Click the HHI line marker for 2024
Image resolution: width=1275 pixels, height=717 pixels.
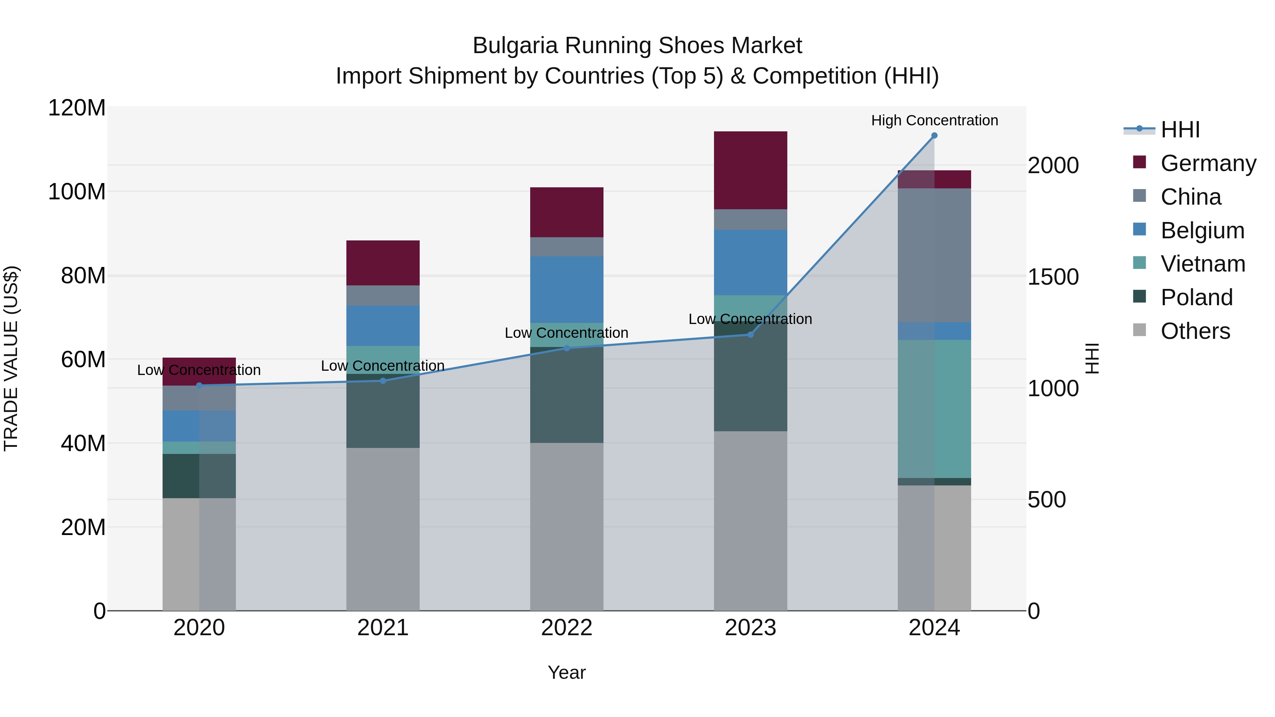[934, 136]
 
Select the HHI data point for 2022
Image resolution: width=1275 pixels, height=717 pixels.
[567, 348]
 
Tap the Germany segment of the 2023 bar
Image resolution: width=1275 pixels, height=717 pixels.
[750, 170]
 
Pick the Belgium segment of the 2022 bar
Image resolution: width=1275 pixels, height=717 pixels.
[567, 290]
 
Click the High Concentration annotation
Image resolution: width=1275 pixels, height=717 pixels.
[934, 120]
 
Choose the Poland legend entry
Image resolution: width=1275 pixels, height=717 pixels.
[1196, 297]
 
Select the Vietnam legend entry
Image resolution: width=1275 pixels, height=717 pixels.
[1202, 264]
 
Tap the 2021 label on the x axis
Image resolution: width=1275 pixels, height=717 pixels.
[382, 628]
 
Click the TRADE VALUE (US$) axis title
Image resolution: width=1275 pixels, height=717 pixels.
[11, 358]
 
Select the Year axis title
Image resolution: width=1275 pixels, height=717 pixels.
[566, 672]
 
